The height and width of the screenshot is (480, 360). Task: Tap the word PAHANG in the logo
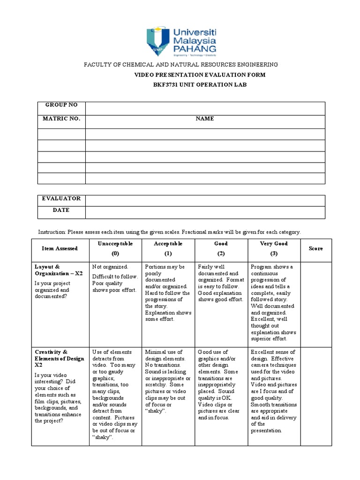pyautogui.click(x=195, y=48)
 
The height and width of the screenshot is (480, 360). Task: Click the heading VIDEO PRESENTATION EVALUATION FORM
pyautogui.click(x=200, y=75)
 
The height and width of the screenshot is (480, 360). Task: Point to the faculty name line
pyautogui.click(x=180, y=64)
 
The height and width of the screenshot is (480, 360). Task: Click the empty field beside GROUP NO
pyautogui.click(x=205, y=108)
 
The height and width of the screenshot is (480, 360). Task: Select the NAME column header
pyautogui.click(x=205, y=119)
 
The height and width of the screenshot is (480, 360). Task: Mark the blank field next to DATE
pyautogui.click(x=205, y=212)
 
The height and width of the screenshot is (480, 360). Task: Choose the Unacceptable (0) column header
pyautogui.click(x=115, y=248)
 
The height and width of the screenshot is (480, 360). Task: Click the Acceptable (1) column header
pyautogui.click(x=168, y=248)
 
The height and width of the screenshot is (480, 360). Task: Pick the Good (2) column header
pyautogui.click(x=221, y=248)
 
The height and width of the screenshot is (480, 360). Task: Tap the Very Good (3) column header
pyautogui.click(x=274, y=248)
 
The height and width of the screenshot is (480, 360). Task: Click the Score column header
pyautogui.click(x=315, y=248)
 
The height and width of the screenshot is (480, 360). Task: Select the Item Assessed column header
pyautogui.click(x=60, y=248)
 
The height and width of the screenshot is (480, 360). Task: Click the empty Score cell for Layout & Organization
pyautogui.click(x=315, y=302)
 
